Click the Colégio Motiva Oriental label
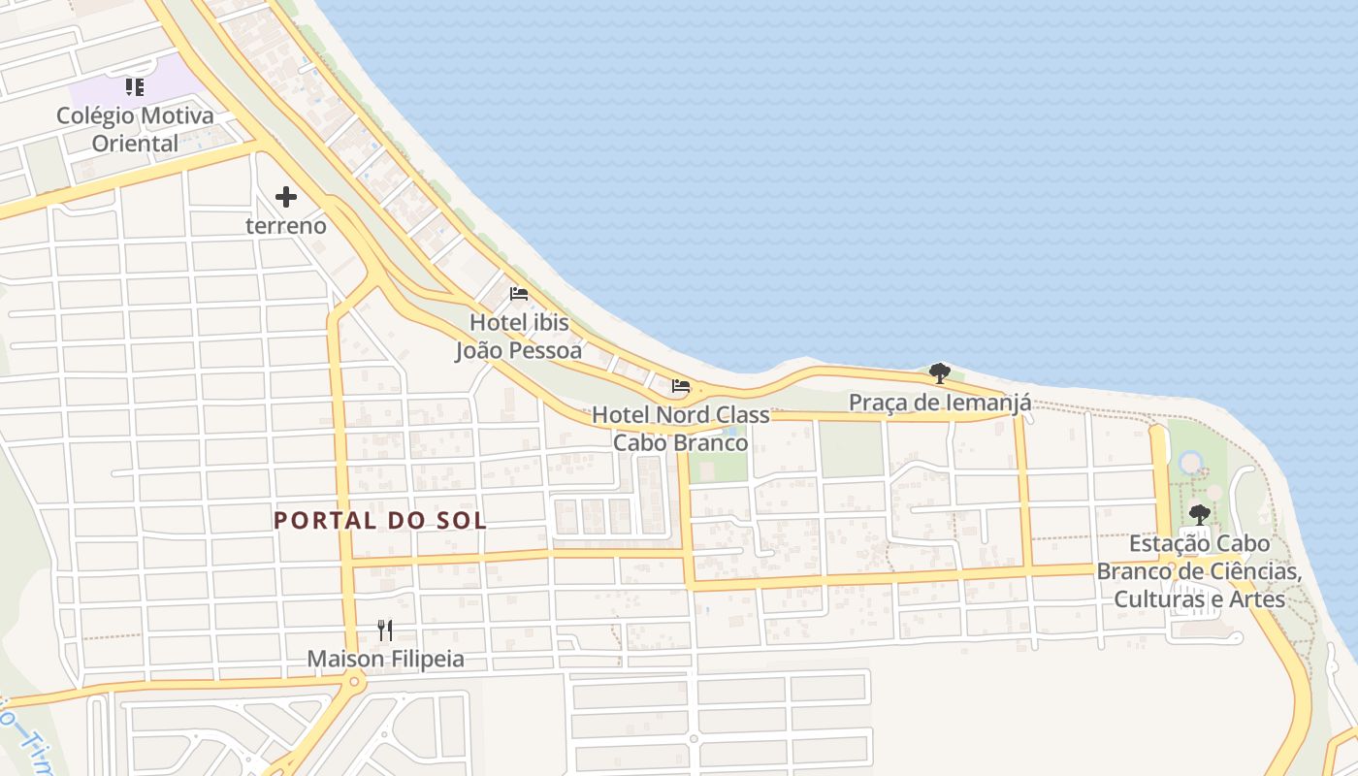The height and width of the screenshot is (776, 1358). (x=135, y=129)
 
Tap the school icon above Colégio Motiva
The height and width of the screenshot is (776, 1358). (x=135, y=87)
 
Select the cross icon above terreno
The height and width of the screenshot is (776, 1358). (x=285, y=197)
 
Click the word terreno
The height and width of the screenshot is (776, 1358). (x=285, y=226)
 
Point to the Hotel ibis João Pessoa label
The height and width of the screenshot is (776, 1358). (x=519, y=336)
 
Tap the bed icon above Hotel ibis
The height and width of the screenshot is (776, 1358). (x=519, y=293)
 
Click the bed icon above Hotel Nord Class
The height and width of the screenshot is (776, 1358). (x=681, y=386)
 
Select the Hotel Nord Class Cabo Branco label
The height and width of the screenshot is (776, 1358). (x=681, y=429)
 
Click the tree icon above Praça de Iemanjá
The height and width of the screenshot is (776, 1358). (x=939, y=372)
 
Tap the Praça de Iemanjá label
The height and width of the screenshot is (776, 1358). (x=939, y=402)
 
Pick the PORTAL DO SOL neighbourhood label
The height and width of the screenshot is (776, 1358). (x=379, y=520)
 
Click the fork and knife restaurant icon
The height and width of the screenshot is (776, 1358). (x=385, y=630)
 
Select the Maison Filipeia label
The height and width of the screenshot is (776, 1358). (x=385, y=660)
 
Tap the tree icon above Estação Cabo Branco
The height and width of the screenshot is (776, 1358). (x=1200, y=514)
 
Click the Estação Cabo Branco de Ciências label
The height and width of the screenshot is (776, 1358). (x=1200, y=571)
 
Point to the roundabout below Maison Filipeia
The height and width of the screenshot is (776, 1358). (x=354, y=683)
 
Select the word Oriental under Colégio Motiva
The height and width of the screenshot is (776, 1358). (x=135, y=144)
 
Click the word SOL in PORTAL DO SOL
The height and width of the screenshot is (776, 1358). (x=462, y=520)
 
